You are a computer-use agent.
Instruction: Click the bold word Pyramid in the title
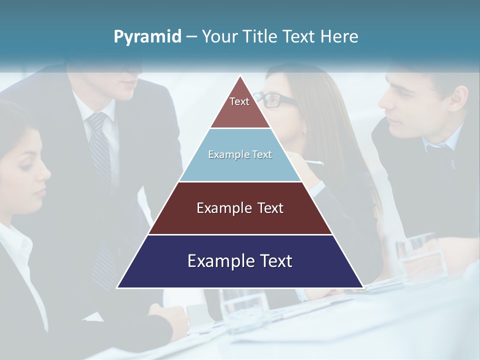(x=147, y=37)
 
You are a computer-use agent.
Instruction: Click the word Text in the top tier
(x=239, y=101)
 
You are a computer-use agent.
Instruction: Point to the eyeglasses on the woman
(x=272, y=100)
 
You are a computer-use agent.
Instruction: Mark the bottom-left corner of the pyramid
(x=117, y=287)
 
